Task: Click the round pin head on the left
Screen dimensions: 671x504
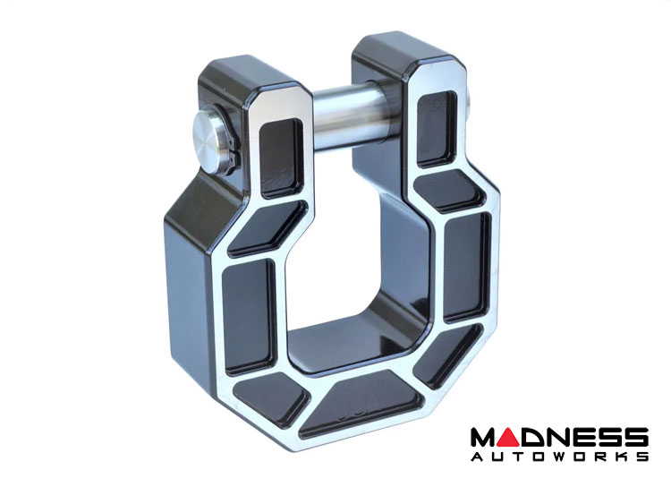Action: pos(209,142)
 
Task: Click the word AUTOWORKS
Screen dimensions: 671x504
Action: pos(559,457)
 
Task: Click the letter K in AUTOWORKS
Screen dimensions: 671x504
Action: pos(622,457)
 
